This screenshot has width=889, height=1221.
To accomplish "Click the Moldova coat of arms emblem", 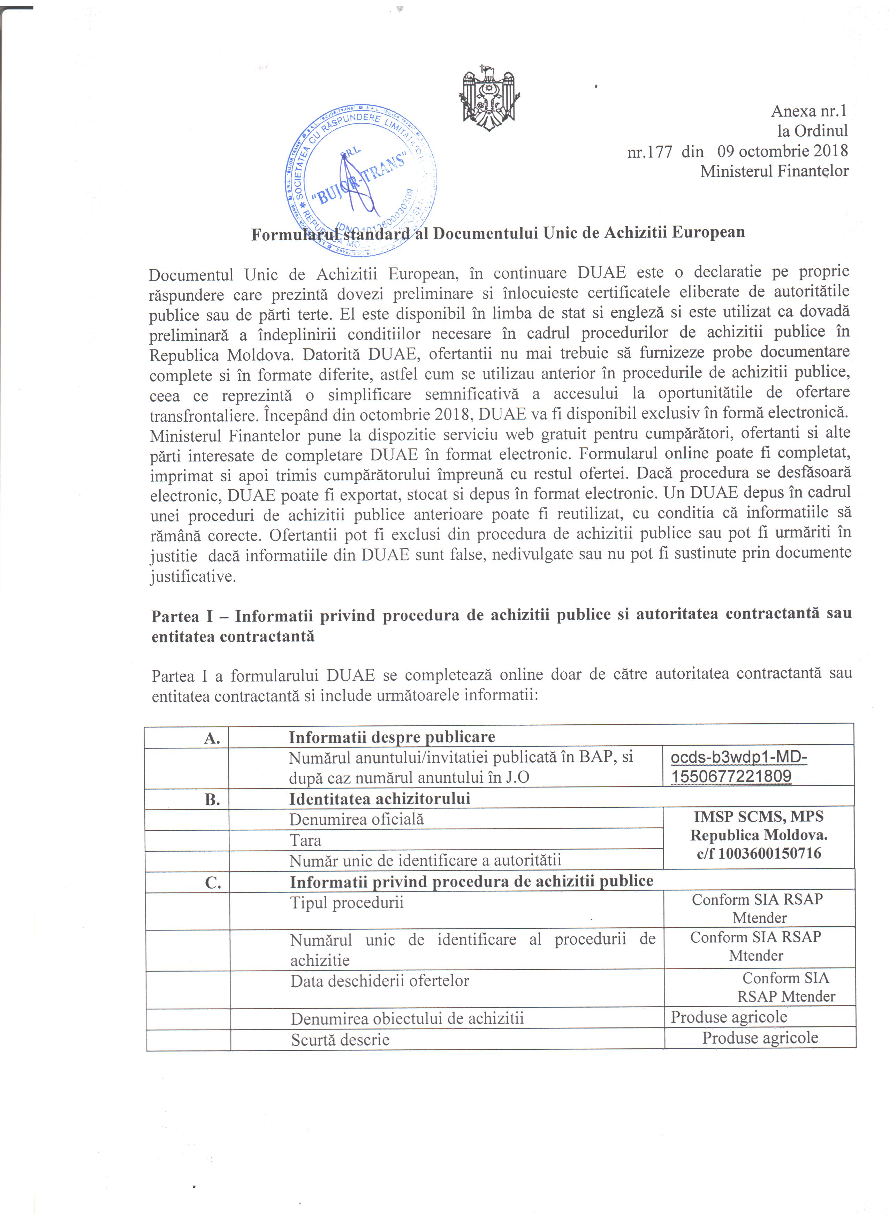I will pos(489,97).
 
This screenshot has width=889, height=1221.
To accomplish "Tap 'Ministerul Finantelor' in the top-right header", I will pos(774,171).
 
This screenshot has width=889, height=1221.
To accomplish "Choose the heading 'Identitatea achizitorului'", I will pos(379,798).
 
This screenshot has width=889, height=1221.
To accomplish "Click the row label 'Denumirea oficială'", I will pos(356,819).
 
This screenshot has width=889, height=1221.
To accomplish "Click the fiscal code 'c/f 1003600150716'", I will pos(758,853).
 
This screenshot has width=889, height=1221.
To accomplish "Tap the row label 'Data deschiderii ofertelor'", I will pos(379,981).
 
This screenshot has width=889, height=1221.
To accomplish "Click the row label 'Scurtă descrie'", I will pos(340,1040).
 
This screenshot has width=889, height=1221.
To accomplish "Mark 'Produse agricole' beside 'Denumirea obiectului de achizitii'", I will pos(729,1017).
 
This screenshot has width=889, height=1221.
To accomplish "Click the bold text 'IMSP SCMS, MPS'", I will pos(758,817).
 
